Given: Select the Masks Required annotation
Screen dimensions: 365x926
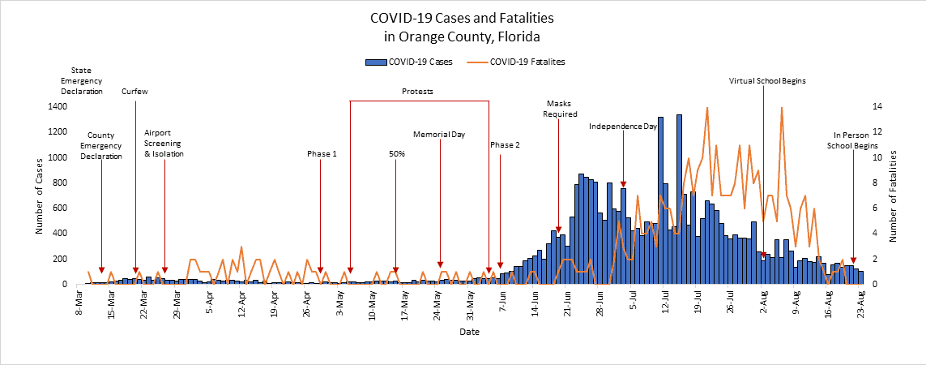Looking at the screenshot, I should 559,109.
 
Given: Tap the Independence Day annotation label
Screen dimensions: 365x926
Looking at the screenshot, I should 622,127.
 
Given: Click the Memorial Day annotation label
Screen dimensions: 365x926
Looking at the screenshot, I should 439,134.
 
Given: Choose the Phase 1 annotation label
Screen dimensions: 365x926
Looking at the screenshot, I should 322,153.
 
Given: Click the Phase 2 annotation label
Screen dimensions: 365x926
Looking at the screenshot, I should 505,144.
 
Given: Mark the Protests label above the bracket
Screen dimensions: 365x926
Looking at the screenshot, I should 418,92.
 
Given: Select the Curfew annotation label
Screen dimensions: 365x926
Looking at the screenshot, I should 134,92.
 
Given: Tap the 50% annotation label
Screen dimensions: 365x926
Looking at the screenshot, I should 397,153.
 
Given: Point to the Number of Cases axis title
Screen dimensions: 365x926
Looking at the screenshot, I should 38,195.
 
